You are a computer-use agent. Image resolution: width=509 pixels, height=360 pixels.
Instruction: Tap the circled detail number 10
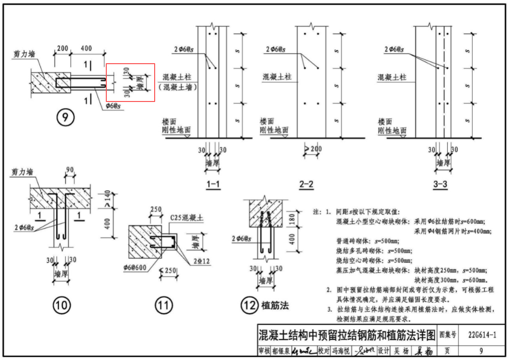coord(62,305)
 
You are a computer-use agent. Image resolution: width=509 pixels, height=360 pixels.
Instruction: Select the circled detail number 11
coord(163,305)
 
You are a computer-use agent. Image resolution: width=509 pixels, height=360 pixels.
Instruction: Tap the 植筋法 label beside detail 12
coord(275,305)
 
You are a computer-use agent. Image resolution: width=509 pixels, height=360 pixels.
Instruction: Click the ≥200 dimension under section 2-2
coord(313,149)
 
